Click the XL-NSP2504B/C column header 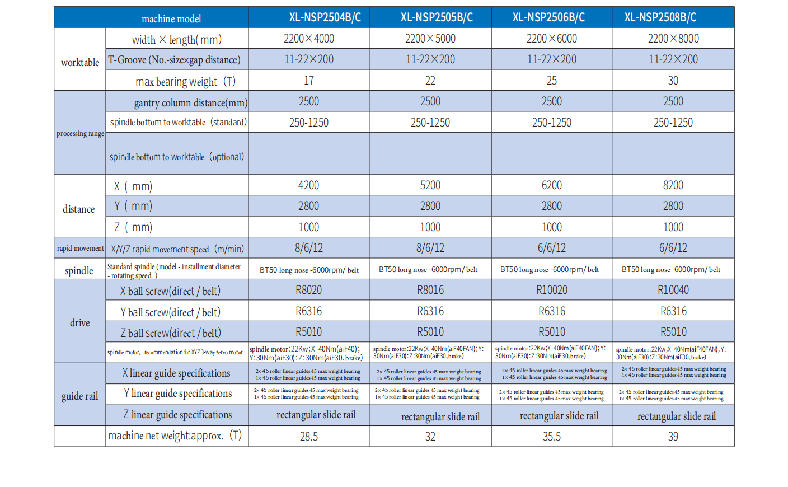(325, 17)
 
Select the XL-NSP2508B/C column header (660, 17)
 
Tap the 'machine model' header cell (171, 19)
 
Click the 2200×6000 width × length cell (551, 39)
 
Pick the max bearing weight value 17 (309, 81)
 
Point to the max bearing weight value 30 (673, 81)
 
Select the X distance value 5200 (430, 185)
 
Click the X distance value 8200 (673, 185)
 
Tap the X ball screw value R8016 (430, 290)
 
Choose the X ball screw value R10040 (673, 290)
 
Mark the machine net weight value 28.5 (309, 437)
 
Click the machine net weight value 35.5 (551, 437)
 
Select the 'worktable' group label (80, 63)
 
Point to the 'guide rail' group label (79, 396)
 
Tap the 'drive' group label (79, 323)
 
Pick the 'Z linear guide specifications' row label (177, 415)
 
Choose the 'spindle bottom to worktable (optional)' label (177, 157)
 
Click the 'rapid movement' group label (80, 249)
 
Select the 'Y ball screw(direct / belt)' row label (170, 312)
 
